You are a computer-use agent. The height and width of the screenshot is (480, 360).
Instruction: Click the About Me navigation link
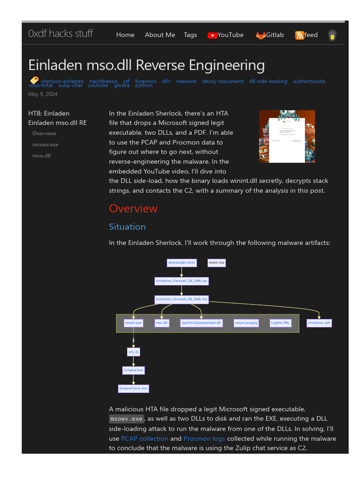[x=160, y=35]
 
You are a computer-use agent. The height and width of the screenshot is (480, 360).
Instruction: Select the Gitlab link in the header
[x=270, y=35]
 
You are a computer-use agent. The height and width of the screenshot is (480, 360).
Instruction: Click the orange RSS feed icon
[x=299, y=35]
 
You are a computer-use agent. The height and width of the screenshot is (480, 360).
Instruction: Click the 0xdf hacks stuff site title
[x=60, y=34]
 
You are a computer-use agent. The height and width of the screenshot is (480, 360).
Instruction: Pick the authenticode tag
[x=309, y=81]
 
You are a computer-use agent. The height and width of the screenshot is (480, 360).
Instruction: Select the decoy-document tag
[x=223, y=81]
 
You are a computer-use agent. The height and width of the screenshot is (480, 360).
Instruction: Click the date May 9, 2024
[x=43, y=94]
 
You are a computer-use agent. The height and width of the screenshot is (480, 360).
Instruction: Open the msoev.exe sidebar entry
[x=45, y=144]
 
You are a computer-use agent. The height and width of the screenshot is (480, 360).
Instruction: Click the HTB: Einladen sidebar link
[x=49, y=113]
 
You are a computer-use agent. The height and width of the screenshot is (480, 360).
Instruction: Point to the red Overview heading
[x=133, y=209]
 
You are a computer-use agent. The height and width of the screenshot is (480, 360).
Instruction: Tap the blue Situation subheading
[x=127, y=227]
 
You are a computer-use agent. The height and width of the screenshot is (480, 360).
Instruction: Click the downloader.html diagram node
[x=181, y=263]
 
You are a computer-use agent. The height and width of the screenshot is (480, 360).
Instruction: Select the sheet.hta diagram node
[x=217, y=263]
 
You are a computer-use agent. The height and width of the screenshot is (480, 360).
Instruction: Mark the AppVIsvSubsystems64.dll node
[x=201, y=323]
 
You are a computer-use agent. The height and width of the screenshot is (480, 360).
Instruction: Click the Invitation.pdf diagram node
[x=319, y=323]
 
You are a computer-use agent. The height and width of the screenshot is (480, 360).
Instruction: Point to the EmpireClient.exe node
[x=133, y=389]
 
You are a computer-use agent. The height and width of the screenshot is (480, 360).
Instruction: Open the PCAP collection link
[x=144, y=439]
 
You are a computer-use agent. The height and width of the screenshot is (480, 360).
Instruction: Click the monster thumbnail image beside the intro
[x=287, y=136]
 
